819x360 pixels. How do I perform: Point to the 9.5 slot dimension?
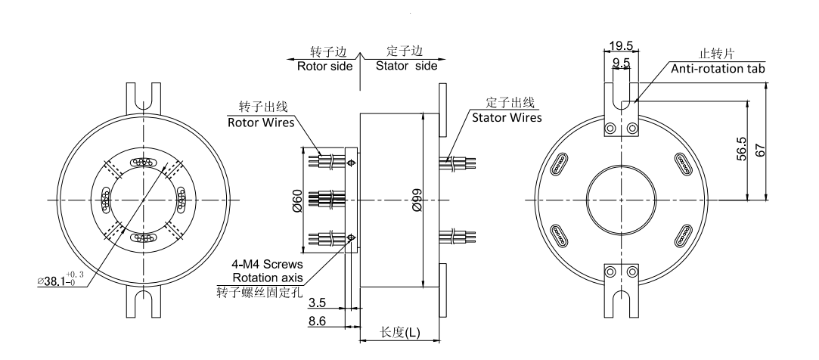point(622,64)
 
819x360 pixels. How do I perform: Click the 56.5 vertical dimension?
point(743,150)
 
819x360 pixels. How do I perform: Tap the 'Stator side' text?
point(407,66)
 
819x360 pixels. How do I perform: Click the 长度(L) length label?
point(401,333)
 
